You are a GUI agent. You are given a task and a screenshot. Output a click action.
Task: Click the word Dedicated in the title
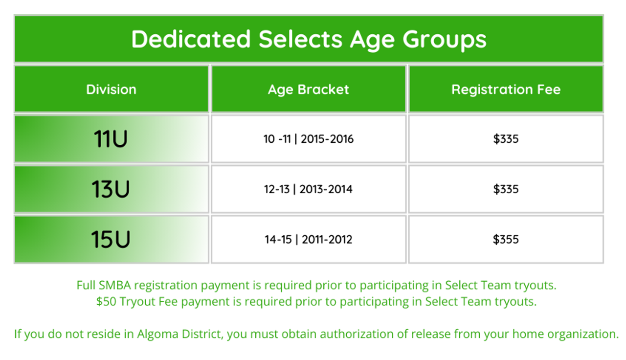pos(191,39)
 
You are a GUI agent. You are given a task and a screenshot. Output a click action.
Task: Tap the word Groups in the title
pos(445,41)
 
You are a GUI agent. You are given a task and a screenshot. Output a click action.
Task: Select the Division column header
pos(111,90)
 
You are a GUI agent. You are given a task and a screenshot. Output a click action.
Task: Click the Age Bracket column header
pos(309,90)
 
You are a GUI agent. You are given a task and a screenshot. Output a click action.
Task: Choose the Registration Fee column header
pos(506,90)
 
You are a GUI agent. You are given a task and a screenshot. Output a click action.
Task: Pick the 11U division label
pos(111,138)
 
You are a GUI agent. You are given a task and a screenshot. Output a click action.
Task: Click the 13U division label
pos(111,189)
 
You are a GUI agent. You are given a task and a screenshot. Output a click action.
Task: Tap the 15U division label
pos(111,239)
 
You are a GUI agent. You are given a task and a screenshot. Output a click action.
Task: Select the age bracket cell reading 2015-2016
pos(309,139)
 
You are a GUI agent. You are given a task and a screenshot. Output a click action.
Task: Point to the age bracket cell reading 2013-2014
pos(309,189)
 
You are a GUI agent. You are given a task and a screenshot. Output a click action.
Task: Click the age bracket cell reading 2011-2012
pos(309,240)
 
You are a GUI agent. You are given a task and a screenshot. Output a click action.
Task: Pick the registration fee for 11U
pos(506,139)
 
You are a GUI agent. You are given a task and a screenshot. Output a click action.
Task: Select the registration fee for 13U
pos(506,189)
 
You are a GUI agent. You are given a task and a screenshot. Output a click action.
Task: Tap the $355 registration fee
pos(506,240)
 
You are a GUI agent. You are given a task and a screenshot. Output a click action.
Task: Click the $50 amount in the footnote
pos(106,302)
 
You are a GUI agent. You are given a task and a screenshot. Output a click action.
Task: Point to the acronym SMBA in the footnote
pos(115,285)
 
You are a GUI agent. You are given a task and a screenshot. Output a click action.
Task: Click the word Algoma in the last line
pos(157,334)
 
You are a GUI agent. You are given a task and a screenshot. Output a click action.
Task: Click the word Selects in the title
pos(300,39)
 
